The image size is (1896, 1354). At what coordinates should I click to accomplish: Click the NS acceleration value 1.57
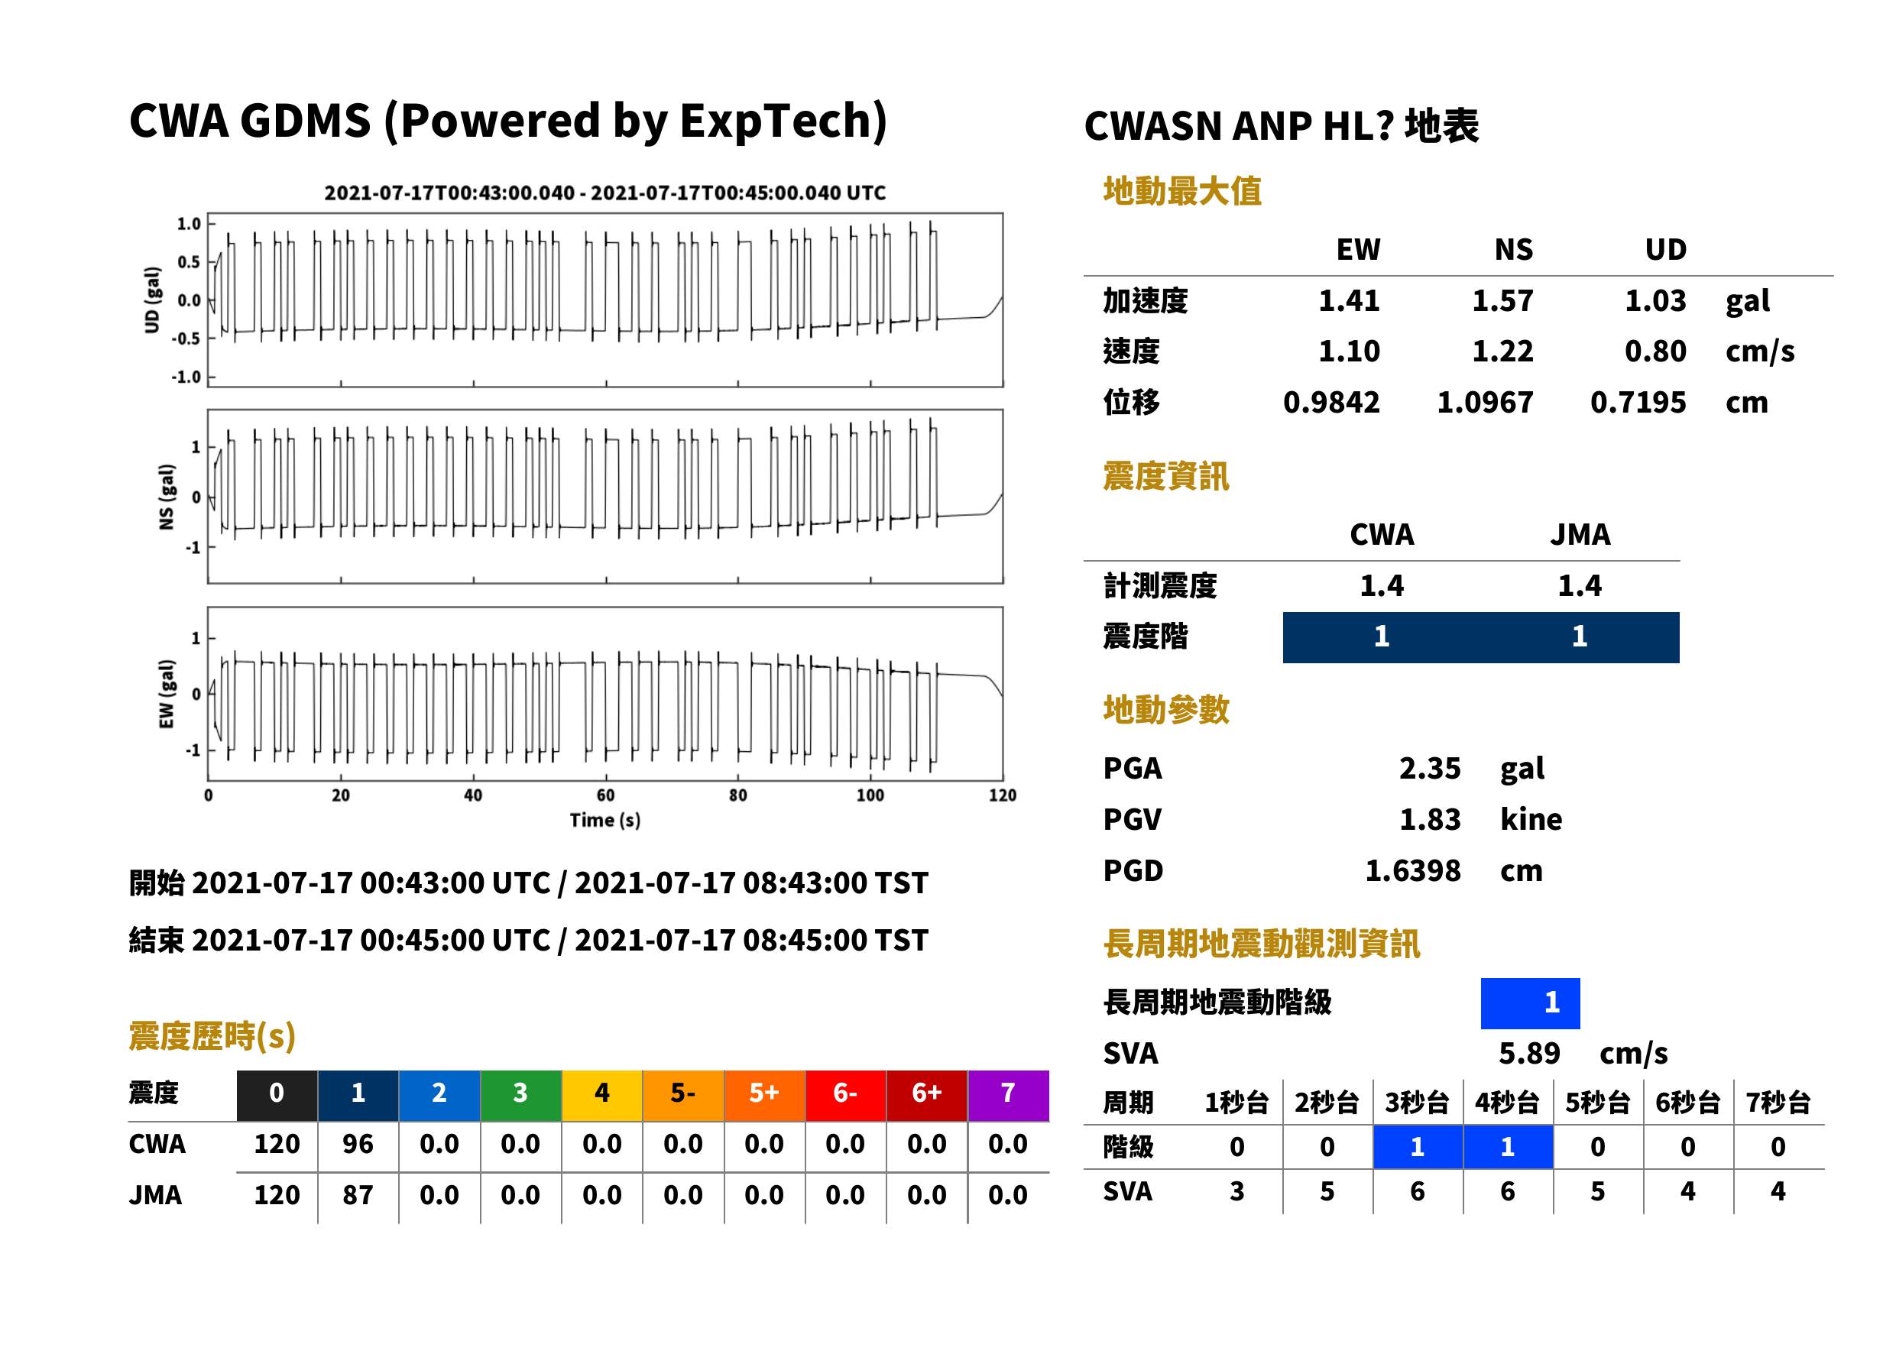pyautogui.click(x=1502, y=300)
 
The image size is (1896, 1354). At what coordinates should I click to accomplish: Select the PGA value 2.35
pyautogui.click(x=1429, y=768)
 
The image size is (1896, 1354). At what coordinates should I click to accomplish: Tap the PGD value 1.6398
pyautogui.click(x=1412, y=870)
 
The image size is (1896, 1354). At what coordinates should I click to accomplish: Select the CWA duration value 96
pyautogui.click(x=358, y=1144)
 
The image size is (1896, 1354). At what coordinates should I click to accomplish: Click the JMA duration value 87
pyautogui.click(x=358, y=1195)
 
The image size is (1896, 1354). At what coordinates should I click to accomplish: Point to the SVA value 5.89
pyautogui.click(x=1529, y=1053)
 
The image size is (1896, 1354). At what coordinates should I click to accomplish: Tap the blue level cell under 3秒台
pyautogui.click(x=1418, y=1147)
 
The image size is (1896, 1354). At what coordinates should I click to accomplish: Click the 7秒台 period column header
pyautogui.click(x=1778, y=1102)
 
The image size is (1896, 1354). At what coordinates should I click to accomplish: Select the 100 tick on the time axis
pyautogui.click(x=870, y=795)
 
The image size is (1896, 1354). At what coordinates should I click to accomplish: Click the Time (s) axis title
pyautogui.click(x=605, y=821)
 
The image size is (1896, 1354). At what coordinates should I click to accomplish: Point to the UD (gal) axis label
pyautogui.click(x=152, y=300)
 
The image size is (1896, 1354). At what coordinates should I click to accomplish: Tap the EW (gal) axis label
pyautogui.click(x=167, y=694)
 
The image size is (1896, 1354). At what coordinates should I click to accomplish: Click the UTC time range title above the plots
pyautogui.click(x=605, y=193)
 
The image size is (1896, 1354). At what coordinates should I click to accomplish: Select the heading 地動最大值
pyautogui.click(x=1182, y=191)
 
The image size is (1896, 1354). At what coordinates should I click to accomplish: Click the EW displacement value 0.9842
pyautogui.click(x=1331, y=403)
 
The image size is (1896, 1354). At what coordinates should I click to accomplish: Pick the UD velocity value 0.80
pyautogui.click(x=1655, y=351)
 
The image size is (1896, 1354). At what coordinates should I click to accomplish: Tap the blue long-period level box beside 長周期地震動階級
pyautogui.click(x=1530, y=1003)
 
